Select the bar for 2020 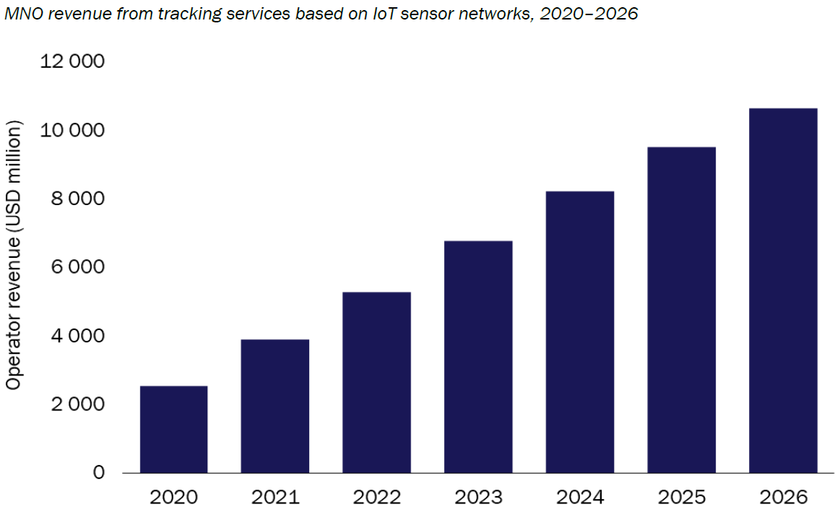pyautogui.click(x=173, y=429)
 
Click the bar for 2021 pyautogui.click(x=275, y=406)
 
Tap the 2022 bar pyautogui.click(x=376, y=382)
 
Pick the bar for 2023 pyautogui.click(x=478, y=357)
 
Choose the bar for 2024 pyautogui.click(x=580, y=331)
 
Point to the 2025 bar pyautogui.click(x=681, y=310)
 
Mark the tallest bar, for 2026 pyautogui.click(x=783, y=290)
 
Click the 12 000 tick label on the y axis pyautogui.click(x=72, y=62)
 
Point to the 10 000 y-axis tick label pyautogui.click(x=72, y=131)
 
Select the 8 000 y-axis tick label pyautogui.click(x=77, y=199)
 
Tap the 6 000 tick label pyautogui.click(x=77, y=268)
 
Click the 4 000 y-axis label pyautogui.click(x=77, y=337)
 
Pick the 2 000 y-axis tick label pyautogui.click(x=77, y=404)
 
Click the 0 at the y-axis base pyautogui.click(x=98, y=473)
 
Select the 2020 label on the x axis pyautogui.click(x=173, y=497)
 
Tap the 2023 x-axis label pyautogui.click(x=478, y=497)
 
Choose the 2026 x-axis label pyautogui.click(x=783, y=497)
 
